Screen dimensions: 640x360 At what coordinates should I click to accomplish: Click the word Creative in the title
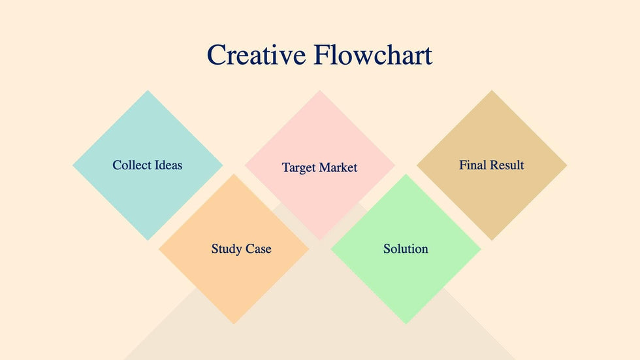click(x=256, y=55)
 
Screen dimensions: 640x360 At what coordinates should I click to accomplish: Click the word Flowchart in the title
click(x=373, y=55)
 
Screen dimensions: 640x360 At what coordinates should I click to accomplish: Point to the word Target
click(x=299, y=167)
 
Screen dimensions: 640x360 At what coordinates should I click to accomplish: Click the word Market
click(x=338, y=167)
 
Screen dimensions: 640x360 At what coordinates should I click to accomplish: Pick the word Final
click(x=473, y=165)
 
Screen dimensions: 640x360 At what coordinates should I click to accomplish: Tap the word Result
click(x=507, y=165)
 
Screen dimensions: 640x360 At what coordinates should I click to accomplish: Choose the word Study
click(x=227, y=248)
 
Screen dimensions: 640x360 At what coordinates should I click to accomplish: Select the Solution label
click(x=406, y=248)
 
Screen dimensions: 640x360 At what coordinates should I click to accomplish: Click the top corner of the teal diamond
click(x=148, y=90)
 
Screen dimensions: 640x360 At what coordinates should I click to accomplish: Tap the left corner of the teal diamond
click(x=72, y=165)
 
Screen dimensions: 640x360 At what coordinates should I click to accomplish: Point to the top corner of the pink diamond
click(x=319, y=90)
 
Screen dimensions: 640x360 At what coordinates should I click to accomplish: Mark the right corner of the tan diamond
click(x=568, y=165)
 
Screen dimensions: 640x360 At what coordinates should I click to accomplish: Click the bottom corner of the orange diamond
click(x=234, y=325)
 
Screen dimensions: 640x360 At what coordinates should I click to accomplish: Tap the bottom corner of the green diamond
click(x=406, y=325)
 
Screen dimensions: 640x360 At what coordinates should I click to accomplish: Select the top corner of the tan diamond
click(x=492, y=90)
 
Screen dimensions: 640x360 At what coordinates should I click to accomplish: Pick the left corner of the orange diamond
click(x=158, y=249)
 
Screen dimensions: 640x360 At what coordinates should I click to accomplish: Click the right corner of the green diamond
click(x=481, y=249)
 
